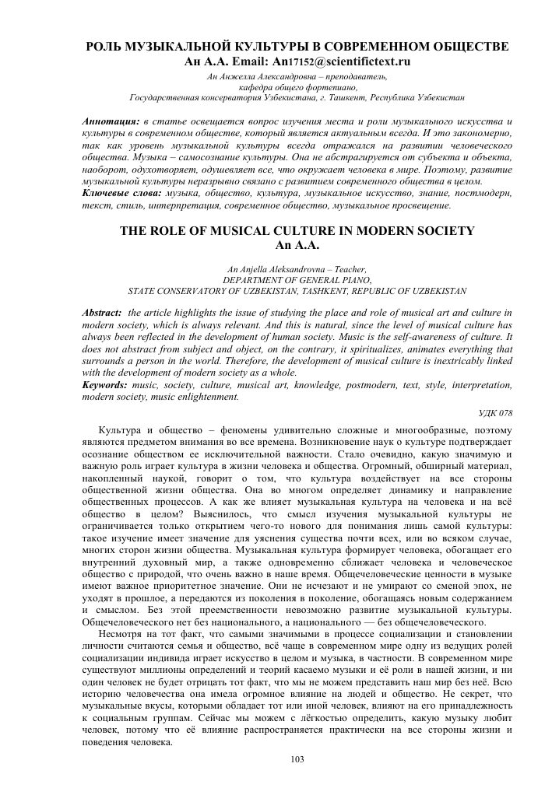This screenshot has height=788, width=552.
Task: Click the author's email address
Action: (342, 61)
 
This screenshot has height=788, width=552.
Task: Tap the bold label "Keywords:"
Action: (108, 384)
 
